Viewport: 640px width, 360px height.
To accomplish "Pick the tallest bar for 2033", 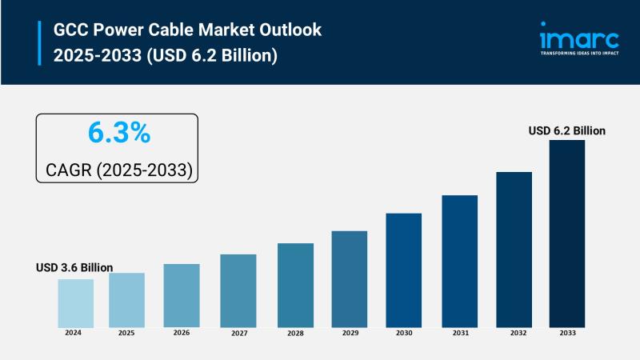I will (x=566, y=233).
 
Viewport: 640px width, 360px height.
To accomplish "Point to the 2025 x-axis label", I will (x=126, y=332).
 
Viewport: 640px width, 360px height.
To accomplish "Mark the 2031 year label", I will (x=460, y=332).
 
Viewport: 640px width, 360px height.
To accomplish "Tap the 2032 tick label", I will (x=514, y=332).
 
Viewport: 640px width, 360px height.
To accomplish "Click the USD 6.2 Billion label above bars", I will (x=567, y=130).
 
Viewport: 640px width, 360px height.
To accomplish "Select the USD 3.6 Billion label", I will (x=74, y=267).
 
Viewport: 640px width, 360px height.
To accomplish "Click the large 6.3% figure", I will (x=118, y=134).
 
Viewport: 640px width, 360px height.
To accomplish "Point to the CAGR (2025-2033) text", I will (x=118, y=170).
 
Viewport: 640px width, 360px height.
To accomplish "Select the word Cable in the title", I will (x=177, y=30).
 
